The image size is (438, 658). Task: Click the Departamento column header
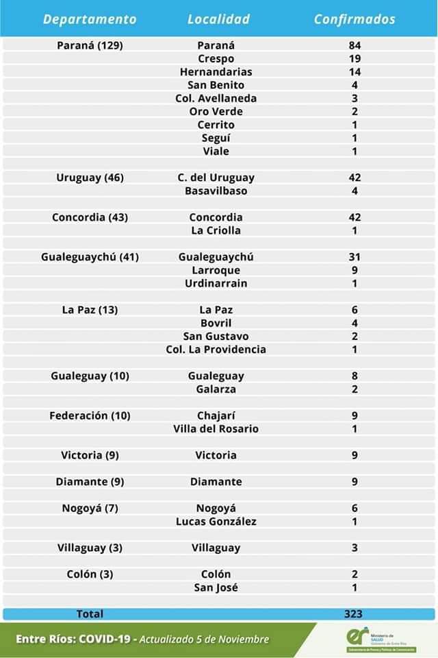pos(90,19)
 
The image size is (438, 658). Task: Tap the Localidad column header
pos(218,19)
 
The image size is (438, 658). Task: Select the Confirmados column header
pos(355,19)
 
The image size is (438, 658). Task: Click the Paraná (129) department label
pos(90,45)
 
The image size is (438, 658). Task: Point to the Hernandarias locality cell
pos(216,72)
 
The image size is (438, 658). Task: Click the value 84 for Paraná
pos(355,45)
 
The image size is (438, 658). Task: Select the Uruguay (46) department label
pos(90,178)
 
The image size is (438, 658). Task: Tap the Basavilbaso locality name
pos(216,191)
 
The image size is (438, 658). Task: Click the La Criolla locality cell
pos(216,230)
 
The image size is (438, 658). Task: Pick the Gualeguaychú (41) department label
pos(90,257)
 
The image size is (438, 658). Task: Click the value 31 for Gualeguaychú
pos(355,257)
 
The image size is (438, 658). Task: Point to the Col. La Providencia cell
pos(216,350)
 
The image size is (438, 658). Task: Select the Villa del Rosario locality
pos(216,429)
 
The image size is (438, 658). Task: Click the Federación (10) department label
pos(90,415)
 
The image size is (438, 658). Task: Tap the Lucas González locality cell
pos(216,522)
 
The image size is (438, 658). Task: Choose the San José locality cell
pos(216,587)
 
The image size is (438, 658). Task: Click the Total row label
pos(90,614)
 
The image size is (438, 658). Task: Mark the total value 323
pos(354,614)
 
